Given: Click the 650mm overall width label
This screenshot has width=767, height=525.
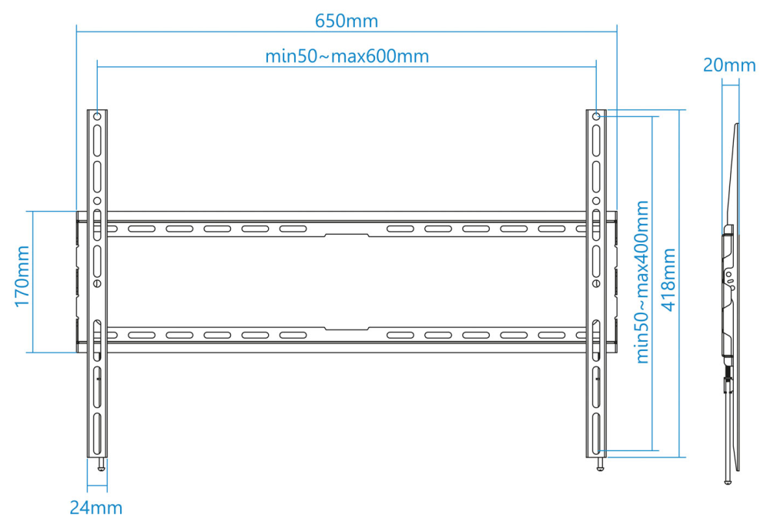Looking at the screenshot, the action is coord(347,21).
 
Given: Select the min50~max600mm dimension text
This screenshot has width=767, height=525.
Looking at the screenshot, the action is coord(347,56).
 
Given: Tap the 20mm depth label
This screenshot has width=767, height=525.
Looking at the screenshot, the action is coord(728,65).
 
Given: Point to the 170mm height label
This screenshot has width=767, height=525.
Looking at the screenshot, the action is coord(22,276).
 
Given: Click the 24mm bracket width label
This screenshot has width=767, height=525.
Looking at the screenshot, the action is coord(95,507).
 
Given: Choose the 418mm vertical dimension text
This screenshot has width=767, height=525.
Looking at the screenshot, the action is coord(668,279).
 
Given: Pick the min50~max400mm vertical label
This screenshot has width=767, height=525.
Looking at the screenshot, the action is coord(642,282).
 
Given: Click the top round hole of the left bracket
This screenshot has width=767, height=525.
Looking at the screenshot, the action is coord(97,116).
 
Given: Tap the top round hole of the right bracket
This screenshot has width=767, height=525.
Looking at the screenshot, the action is coord(596,116).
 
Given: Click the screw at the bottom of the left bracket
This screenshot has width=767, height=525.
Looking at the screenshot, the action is coord(101,464).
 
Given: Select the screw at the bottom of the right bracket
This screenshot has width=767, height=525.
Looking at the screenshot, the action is coord(600,464).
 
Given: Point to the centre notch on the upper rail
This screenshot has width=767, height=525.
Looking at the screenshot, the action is coord(347,236).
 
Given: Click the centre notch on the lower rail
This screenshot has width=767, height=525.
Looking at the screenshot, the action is coord(347,329).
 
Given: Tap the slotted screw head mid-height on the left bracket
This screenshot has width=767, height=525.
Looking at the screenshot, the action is coord(97,283).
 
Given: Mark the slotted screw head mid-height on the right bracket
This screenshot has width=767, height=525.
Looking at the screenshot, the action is coord(596,283).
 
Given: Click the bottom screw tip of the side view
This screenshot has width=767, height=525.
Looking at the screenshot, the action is coord(728,482).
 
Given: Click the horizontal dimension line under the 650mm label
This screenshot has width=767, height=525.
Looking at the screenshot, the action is coord(347,32).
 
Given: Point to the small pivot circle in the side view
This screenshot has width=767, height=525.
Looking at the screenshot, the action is coord(729,275).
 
